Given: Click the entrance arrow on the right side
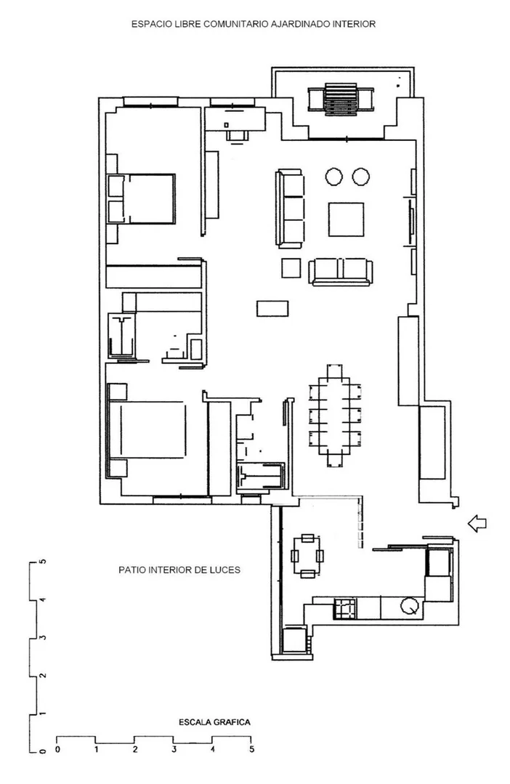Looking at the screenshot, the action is pyautogui.click(x=477, y=523).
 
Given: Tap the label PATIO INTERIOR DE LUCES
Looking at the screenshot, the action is pyautogui.click(x=179, y=570).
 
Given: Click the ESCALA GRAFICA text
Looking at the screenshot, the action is pyautogui.click(x=214, y=722).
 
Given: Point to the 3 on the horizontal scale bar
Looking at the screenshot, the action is pyautogui.click(x=174, y=749).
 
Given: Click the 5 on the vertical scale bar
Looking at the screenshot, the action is pyautogui.click(x=43, y=562).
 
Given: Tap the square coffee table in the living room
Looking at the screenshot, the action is pyautogui.click(x=346, y=219).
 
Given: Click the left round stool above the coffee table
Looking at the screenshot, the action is pyautogui.click(x=333, y=177).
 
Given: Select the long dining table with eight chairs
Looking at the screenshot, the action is pyautogui.click(x=335, y=416).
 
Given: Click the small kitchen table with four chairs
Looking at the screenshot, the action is pyautogui.click(x=307, y=556).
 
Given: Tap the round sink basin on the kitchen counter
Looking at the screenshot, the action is pyautogui.click(x=410, y=606).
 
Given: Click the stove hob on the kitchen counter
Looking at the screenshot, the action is pyautogui.click(x=346, y=608).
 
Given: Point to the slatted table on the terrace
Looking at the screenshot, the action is pyautogui.click(x=341, y=99).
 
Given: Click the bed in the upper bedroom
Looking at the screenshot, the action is pyautogui.click(x=142, y=198).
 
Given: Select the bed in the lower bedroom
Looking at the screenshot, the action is pyautogui.click(x=147, y=429).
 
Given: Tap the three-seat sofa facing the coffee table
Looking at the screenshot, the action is pyautogui.click(x=290, y=208).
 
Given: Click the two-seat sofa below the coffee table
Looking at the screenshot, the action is pyautogui.click(x=341, y=272).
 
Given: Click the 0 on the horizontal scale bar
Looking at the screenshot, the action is pyautogui.click(x=57, y=749).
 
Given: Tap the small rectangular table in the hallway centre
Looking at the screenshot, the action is pyautogui.click(x=272, y=309).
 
